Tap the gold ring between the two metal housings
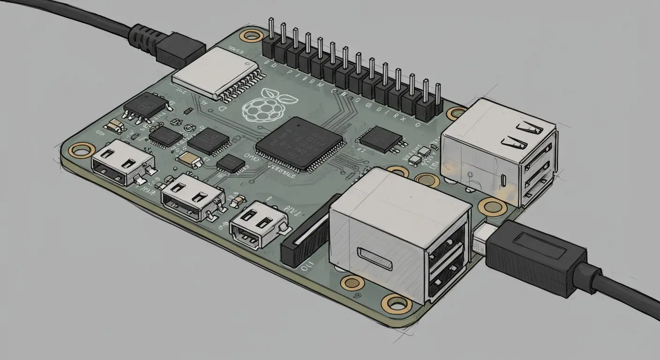coord(427,180)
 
